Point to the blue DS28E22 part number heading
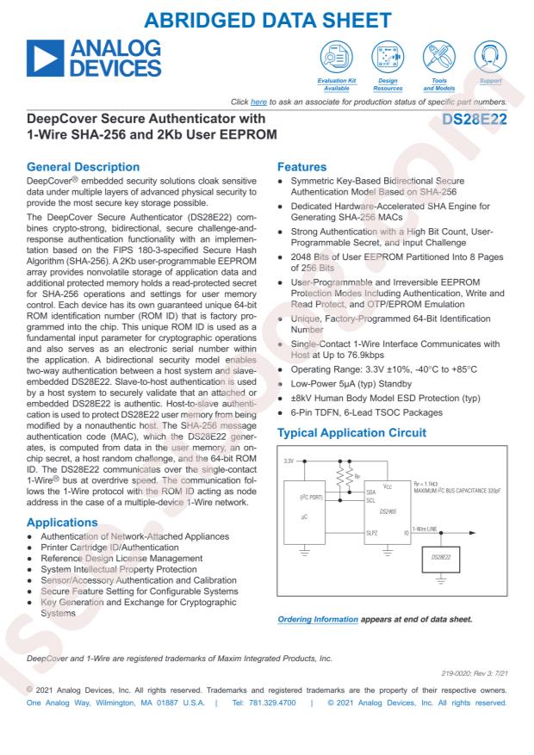pyautogui.click(x=474, y=121)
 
